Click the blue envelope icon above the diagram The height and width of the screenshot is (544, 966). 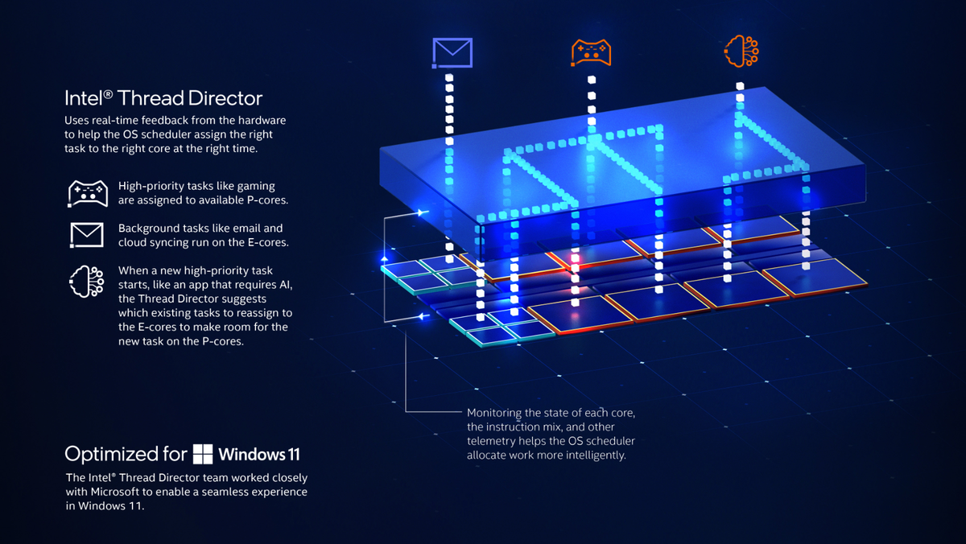[452, 52]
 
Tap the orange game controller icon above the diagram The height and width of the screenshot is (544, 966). [591, 52]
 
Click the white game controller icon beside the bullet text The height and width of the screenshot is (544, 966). [86, 193]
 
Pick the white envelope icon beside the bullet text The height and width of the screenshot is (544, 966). [86, 234]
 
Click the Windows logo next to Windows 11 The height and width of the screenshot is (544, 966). [202, 453]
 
